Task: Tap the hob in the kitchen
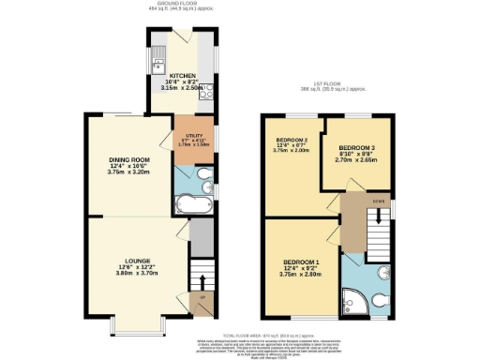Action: coord(206,91)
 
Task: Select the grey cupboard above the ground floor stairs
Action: coord(200,235)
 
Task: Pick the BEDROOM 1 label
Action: coord(301,262)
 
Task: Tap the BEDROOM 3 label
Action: coord(357,149)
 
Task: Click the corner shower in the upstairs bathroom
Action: coord(355,299)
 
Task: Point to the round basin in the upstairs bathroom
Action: coord(384,269)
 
